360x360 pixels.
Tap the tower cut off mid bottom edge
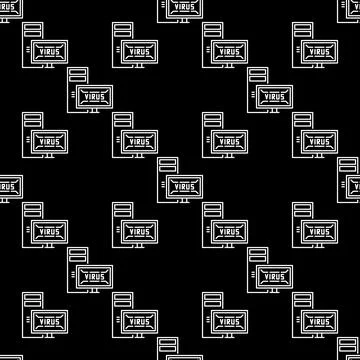(x=167, y=352)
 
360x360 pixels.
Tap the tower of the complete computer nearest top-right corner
(x=303, y=35)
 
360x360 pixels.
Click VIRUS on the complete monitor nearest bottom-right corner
(x=320, y=322)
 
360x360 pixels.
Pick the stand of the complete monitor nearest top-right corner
(x=321, y=71)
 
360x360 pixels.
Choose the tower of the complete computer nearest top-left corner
(x=32, y=35)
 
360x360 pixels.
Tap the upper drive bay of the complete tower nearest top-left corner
(x=32, y=29)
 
